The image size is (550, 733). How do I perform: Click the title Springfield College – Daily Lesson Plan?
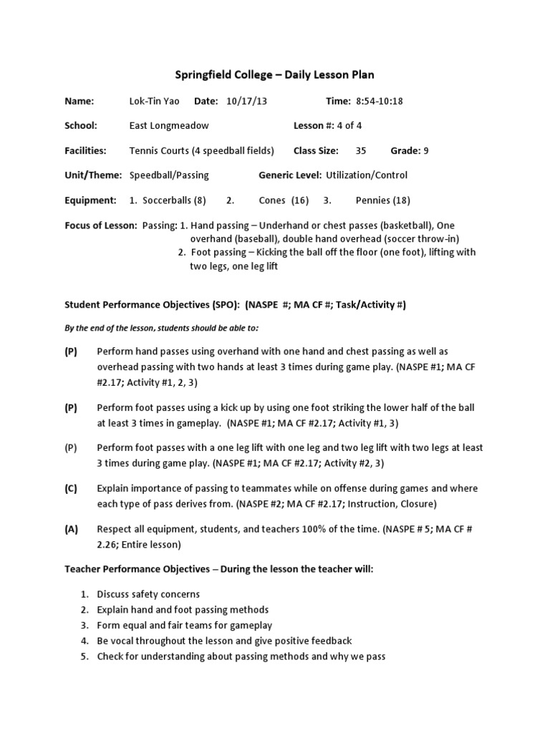tap(275, 74)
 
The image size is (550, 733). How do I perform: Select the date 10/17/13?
tap(246, 101)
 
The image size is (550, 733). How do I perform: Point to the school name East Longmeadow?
tap(169, 126)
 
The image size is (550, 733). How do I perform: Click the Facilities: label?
tap(86, 150)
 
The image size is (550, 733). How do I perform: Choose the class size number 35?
tap(361, 150)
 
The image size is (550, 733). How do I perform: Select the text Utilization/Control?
tap(367, 175)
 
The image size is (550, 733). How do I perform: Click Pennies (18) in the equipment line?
tap(383, 200)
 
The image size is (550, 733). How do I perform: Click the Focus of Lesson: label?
tap(101, 225)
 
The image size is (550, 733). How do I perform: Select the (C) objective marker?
tap(71, 488)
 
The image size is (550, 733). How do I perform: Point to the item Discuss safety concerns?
tap(148, 594)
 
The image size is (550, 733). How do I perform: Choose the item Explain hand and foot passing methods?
tap(183, 610)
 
